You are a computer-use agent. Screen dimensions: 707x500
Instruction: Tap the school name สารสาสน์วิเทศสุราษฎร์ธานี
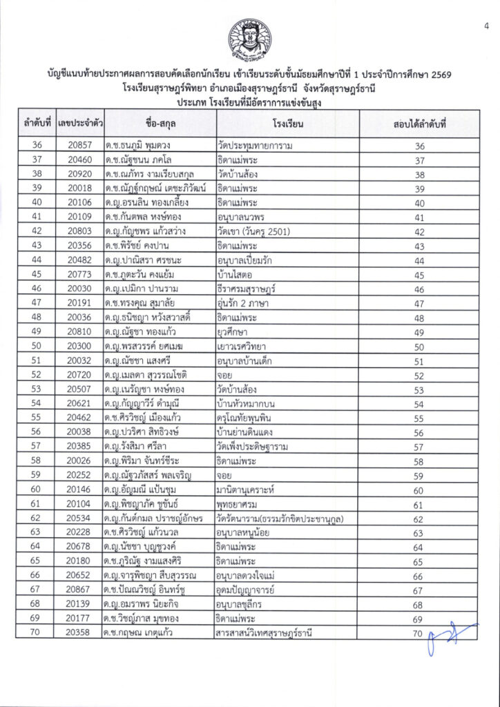(x=265, y=632)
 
